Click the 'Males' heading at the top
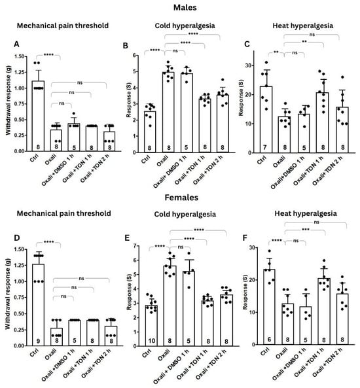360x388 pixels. tap(185, 7)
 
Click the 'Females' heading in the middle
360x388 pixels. tap(181, 198)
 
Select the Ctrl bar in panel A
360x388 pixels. tap(38, 116)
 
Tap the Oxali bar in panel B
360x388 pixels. tap(169, 112)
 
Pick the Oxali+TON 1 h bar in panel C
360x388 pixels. tap(323, 122)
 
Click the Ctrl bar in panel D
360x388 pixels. tap(38, 305)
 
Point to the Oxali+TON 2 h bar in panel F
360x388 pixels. tap(342, 319)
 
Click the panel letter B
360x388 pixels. tap(126, 46)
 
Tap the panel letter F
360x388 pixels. tap(245, 238)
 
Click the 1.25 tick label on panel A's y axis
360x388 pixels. tap(20, 72)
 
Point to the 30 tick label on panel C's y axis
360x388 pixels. tap(247, 65)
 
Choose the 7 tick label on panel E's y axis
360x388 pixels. tap(134, 246)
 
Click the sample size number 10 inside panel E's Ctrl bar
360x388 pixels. tap(151, 341)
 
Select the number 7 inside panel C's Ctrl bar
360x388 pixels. tap(264, 148)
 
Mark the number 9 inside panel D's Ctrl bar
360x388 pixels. tap(38, 342)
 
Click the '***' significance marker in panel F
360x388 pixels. tap(306, 230)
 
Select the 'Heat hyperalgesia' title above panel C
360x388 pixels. tap(303, 26)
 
